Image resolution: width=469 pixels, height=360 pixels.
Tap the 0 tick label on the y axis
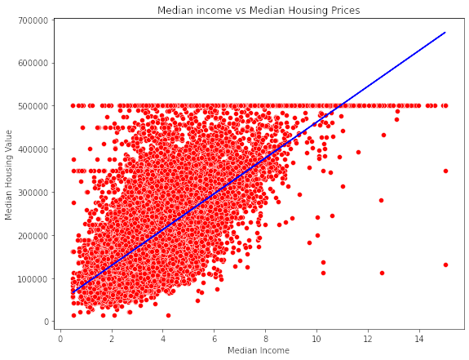48,322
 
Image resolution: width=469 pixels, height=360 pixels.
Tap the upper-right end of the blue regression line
445,33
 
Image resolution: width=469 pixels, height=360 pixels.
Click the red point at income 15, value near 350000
445,171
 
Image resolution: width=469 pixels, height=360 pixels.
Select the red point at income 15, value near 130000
445,264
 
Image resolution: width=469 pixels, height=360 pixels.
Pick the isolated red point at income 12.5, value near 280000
381,200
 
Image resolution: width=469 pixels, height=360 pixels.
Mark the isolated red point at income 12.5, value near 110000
382,273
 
